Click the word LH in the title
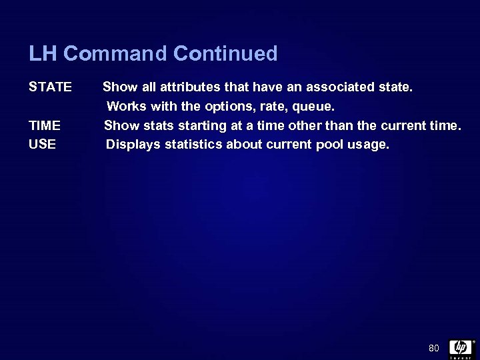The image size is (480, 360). [x=43, y=53]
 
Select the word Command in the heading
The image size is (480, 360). [x=115, y=53]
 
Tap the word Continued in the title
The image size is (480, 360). [x=225, y=53]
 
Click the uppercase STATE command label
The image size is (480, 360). [x=50, y=87]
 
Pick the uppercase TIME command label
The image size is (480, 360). [x=45, y=125]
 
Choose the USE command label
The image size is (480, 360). [x=43, y=144]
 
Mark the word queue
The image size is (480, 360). [x=312, y=107]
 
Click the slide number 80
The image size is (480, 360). [x=434, y=348]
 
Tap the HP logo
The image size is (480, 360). [x=460, y=347]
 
